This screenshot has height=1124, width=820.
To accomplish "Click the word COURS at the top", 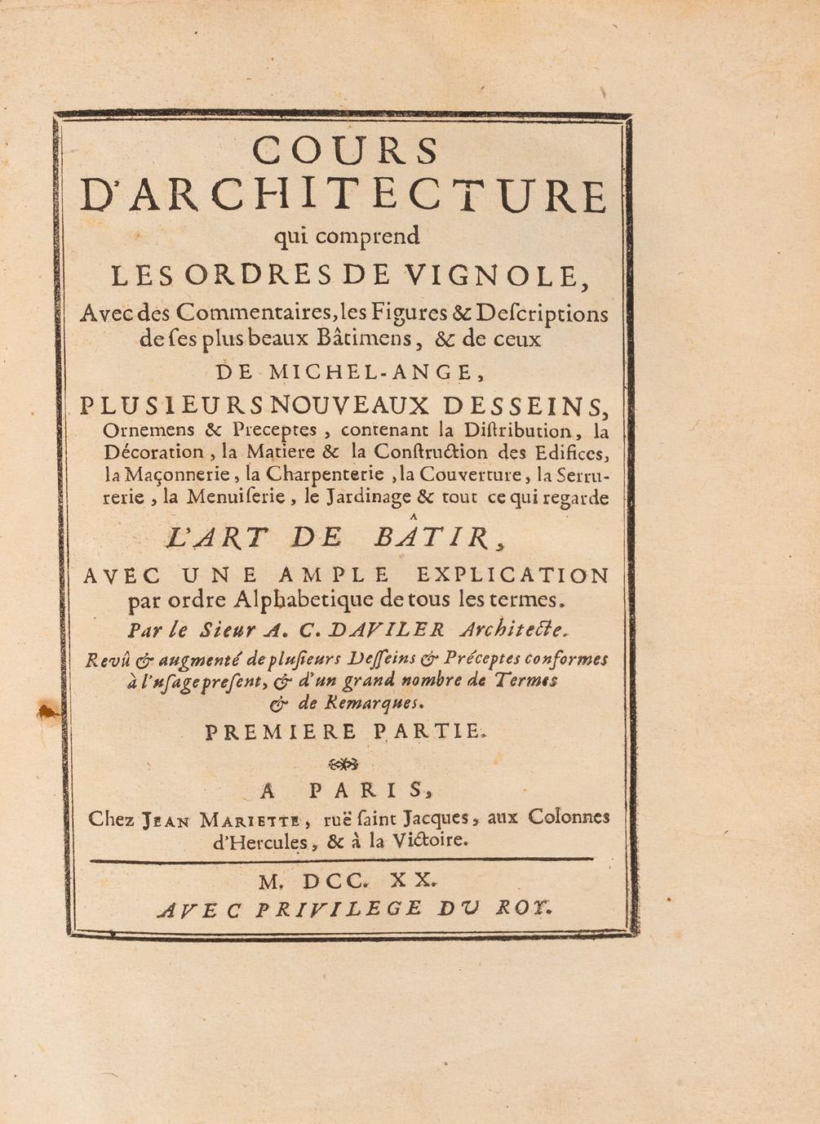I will [x=345, y=150].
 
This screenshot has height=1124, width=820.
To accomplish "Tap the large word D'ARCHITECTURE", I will [x=344, y=196].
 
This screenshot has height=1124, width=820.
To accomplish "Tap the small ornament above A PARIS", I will [x=342, y=764].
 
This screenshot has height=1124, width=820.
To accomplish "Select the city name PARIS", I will [x=367, y=790].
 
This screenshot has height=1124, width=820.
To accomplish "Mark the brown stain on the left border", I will [x=50, y=713].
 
